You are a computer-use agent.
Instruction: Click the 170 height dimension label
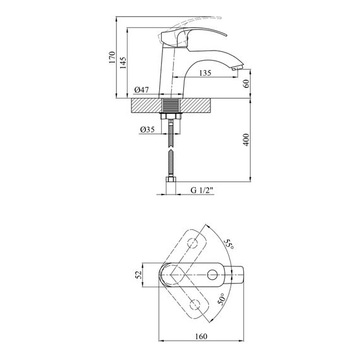112,57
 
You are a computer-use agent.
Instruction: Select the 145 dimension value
123,63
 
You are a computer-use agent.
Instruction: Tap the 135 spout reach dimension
205,73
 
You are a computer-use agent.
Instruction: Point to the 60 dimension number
246,83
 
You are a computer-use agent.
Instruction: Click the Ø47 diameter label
141,90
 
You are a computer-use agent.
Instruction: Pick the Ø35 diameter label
147,129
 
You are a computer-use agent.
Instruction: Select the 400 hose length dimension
246,140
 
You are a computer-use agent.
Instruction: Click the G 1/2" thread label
202,190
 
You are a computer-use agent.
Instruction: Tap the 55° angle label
229,245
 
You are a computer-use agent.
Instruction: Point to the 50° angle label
221,299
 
